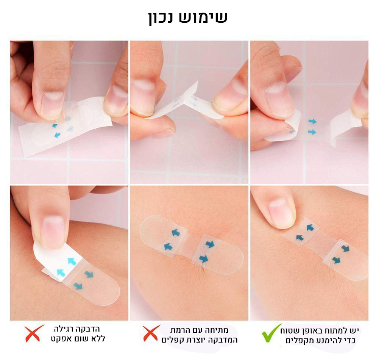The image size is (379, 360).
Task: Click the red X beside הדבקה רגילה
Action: point(34,333)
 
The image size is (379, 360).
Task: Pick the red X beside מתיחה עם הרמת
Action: point(151,333)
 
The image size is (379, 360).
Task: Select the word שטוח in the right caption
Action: point(289,330)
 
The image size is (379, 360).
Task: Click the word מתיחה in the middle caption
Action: point(219,330)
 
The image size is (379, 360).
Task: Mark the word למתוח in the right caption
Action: point(338,330)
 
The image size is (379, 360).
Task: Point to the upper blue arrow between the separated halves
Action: point(312,121)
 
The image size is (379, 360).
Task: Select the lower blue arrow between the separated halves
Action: point(312,132)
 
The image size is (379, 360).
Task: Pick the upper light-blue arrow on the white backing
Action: point(72,261)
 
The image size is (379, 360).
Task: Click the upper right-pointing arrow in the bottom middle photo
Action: point(210,244)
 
